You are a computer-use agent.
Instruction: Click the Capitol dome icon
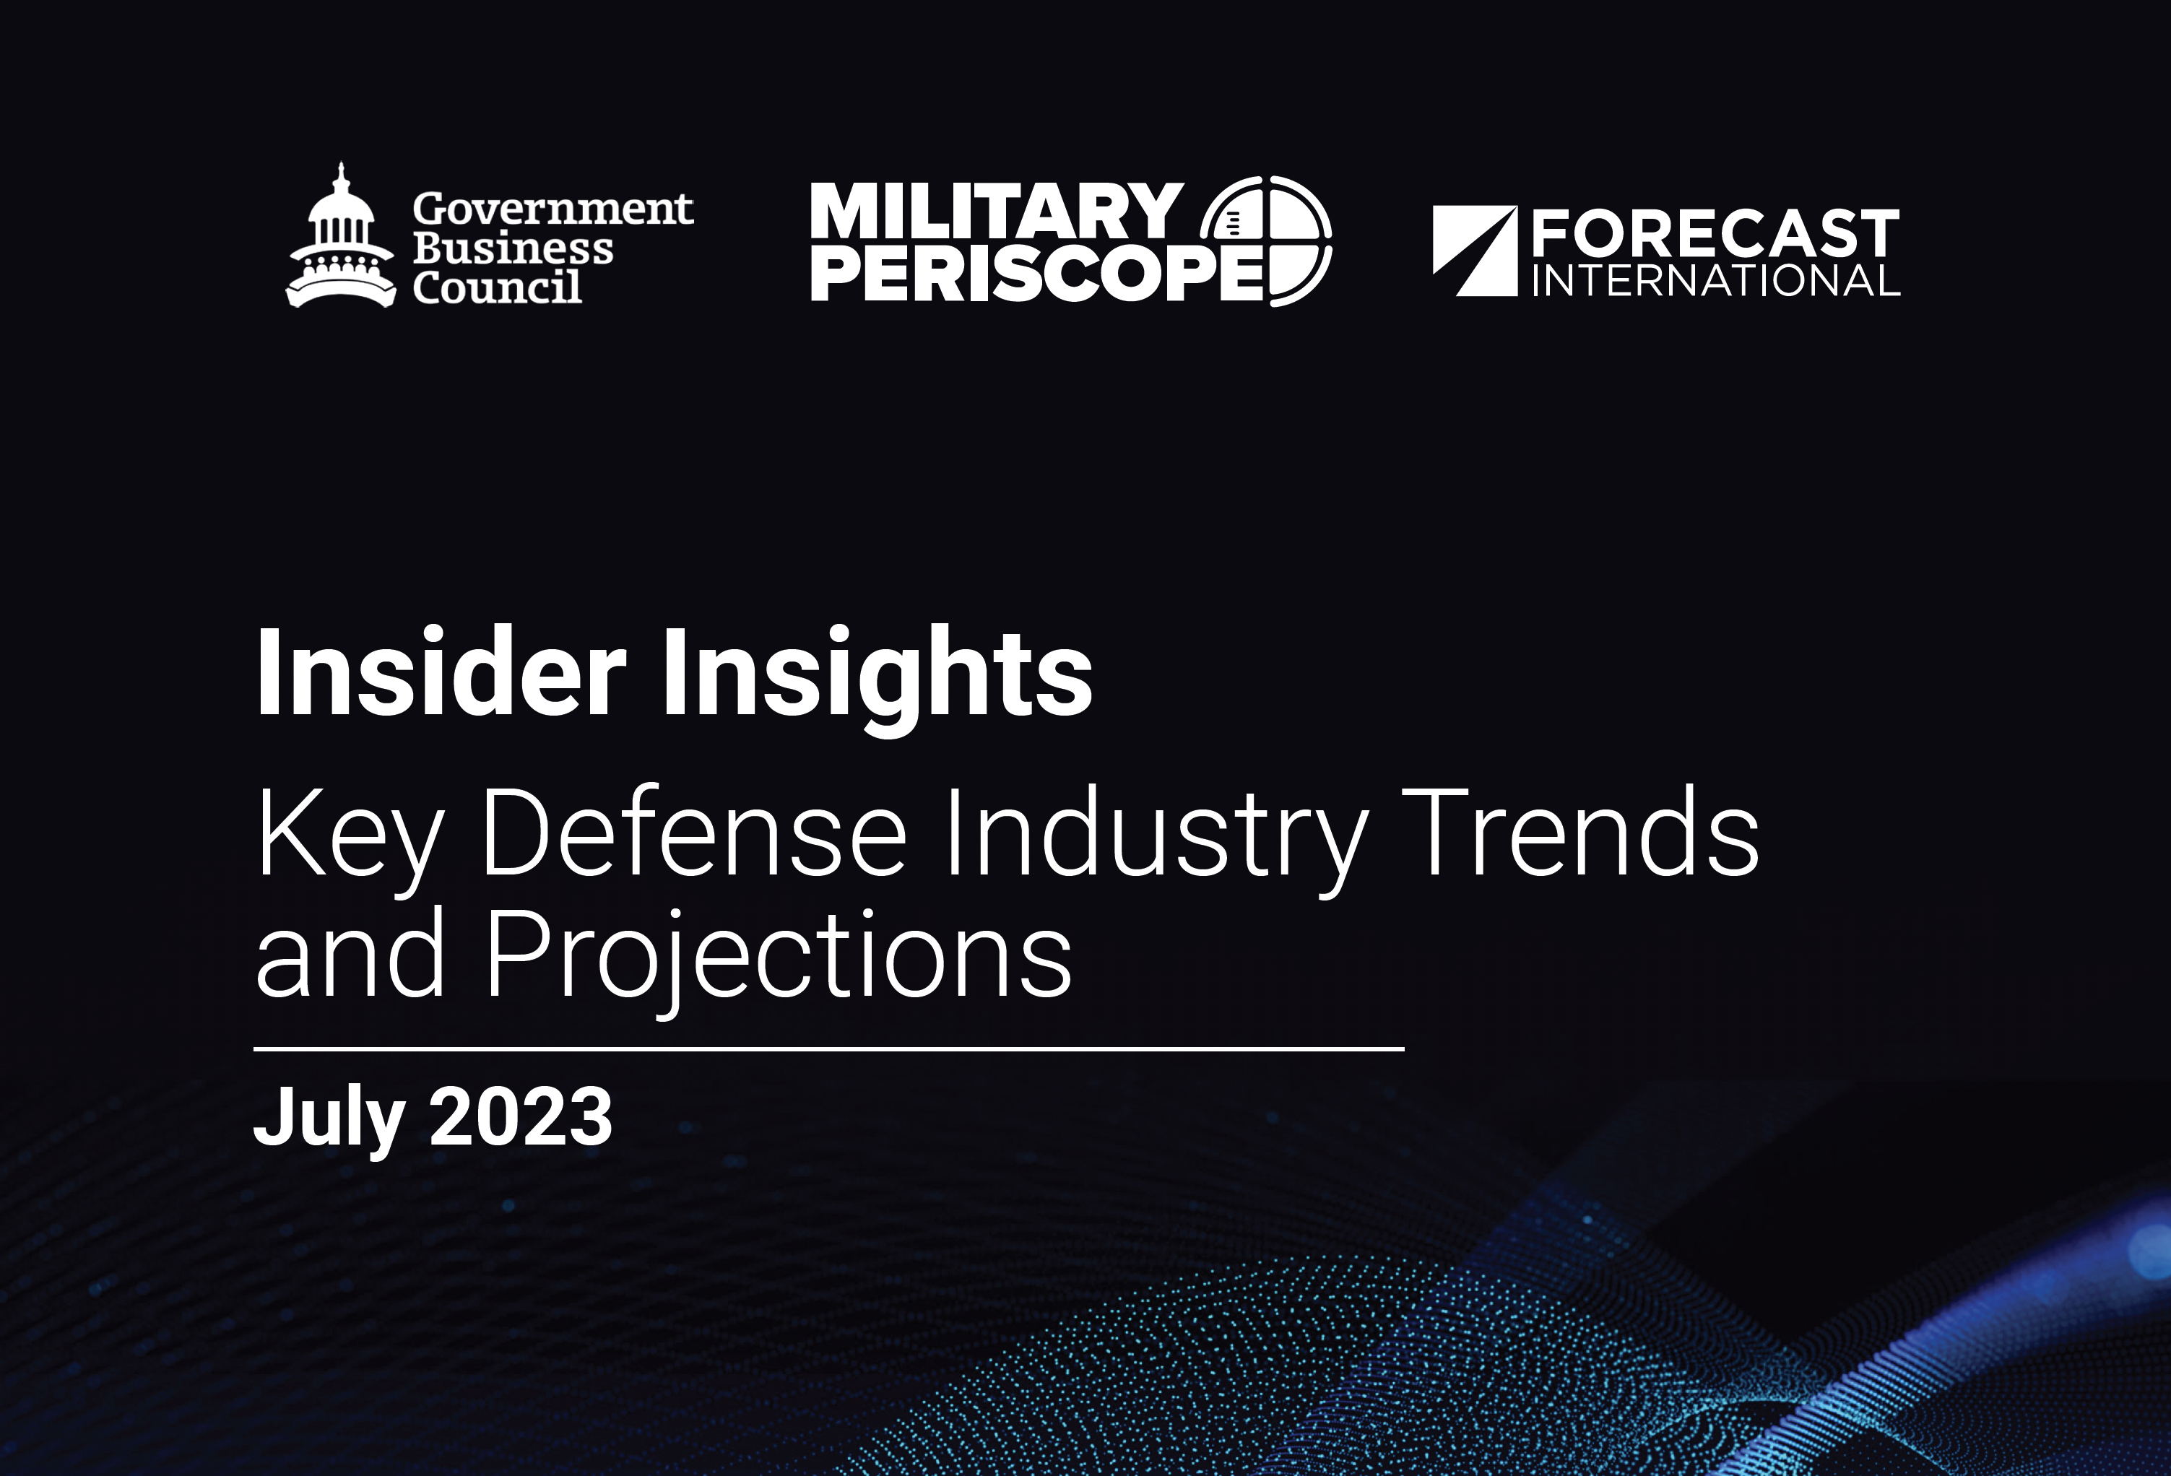[341, 238]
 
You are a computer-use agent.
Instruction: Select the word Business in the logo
[513, 249]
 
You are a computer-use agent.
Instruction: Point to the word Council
[497, 287]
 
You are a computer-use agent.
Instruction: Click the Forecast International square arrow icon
[1475, 251]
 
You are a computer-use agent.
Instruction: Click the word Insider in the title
[440, 672]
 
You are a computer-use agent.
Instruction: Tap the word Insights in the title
[877, 677]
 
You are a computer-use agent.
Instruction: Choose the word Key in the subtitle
[347, 834]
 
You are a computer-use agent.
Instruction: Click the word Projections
[778, 958]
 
